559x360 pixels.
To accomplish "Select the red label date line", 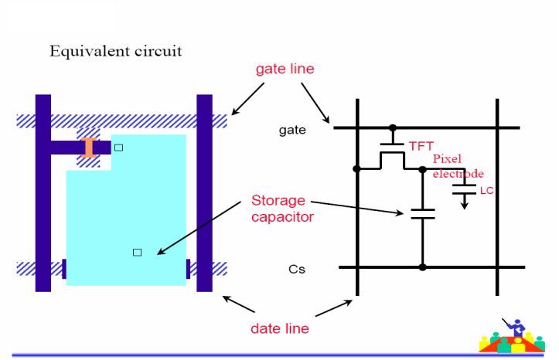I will click(280, 328).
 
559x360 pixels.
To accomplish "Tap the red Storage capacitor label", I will click(283, 209).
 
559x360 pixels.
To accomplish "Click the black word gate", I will click(292, 130).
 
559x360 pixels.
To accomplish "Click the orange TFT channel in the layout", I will click(90, 148).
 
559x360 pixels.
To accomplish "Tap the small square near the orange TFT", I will click(118, 147).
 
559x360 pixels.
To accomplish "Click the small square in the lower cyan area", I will click(137, 252).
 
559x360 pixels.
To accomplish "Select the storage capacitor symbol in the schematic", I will click(422, 213).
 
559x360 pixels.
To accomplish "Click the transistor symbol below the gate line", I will click(394, 157).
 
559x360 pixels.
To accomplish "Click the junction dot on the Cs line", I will click(422, 267).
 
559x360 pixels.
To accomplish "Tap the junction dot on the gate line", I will click(394, 127).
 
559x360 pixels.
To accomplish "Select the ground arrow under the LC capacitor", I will click(465, 202).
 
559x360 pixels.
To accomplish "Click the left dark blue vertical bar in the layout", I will click(43, 193).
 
